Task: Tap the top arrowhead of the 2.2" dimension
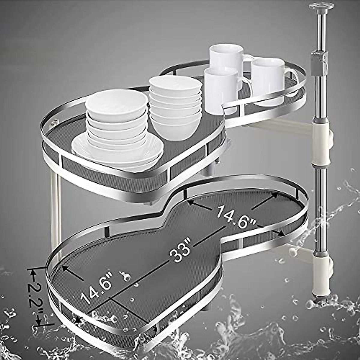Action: [31, 271]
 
